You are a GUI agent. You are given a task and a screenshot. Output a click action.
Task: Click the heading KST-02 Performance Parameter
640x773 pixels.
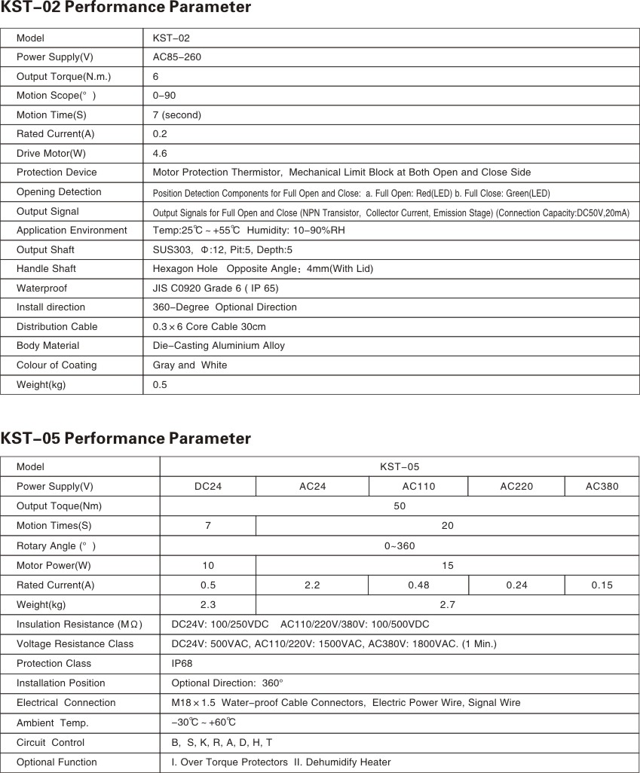pyautogui.click(x=126, y=8)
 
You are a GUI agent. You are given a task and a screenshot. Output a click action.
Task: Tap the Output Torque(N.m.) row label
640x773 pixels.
pyautogui.click(x=63, y=77)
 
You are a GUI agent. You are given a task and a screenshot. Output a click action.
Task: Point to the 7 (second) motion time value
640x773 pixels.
pyautogui.click(x=177, y=115)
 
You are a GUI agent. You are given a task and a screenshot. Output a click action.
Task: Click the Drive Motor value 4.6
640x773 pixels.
pyautogui.click(x=160, y=153)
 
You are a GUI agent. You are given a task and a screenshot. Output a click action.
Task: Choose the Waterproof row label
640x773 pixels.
pyautogui.click(x=41, y=288)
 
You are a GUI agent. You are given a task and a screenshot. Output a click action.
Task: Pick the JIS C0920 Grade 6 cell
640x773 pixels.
pyautogui.click(x=216, y=288)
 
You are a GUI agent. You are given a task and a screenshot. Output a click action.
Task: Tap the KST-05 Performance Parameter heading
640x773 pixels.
pyautogui.click(x=126, y=438)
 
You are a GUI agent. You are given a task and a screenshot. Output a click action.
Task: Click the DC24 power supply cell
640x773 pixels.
pyautogui.click(x=208, y=487)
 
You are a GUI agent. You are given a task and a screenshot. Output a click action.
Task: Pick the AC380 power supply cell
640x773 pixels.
pyautogui.click(x=602, y=487)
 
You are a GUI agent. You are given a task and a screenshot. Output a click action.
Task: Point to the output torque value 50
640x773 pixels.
pyautogui.click(x=400, y=506)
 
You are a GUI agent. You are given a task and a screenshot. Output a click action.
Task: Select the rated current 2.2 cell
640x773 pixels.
pyautogui.click(x=312, y=585)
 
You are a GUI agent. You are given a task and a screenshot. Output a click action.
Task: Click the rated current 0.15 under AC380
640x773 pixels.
pyautogui.click(x=602, y=585)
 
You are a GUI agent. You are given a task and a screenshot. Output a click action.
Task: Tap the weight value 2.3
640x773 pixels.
pyautogui.click(x=208, y=604)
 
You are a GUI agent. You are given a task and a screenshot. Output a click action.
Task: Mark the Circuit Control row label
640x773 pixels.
pyautogui.click(x=51, y=742)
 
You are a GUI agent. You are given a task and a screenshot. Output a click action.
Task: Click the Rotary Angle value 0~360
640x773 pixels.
pyautogui.click(x=400, y=545)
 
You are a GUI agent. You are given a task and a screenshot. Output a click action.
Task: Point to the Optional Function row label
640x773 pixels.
pyautogui.click(x=57, y=762)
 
